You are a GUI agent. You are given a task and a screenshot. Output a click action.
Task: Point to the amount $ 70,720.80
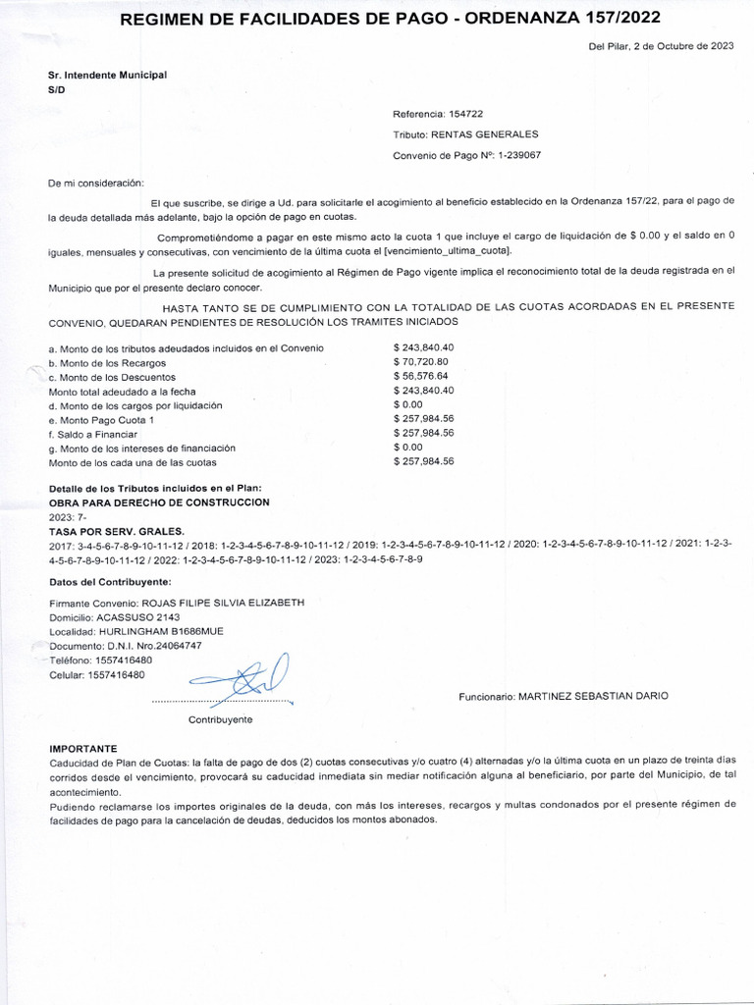click(421, 362)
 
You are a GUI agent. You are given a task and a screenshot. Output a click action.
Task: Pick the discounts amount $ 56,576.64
click(421, 376)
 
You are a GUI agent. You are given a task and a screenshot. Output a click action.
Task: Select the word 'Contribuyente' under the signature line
click(220, 719)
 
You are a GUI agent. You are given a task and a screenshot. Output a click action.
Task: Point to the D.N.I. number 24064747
click(166, 646)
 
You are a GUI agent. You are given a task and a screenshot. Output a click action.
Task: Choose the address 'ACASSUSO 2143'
click(137, 616)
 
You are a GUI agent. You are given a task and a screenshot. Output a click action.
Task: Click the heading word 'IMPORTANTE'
click(82, 747)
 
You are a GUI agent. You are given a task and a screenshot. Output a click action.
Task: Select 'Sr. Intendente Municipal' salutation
click(107, 75)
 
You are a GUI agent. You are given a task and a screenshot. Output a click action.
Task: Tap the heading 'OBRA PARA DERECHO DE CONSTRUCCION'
click(159, 502)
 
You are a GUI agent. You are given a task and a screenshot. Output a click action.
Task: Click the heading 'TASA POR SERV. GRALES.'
click(110, 530)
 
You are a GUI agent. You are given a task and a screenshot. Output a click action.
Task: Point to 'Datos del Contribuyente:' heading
click(110, 584)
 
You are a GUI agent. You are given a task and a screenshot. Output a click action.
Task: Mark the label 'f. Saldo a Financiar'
click(93, 434)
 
